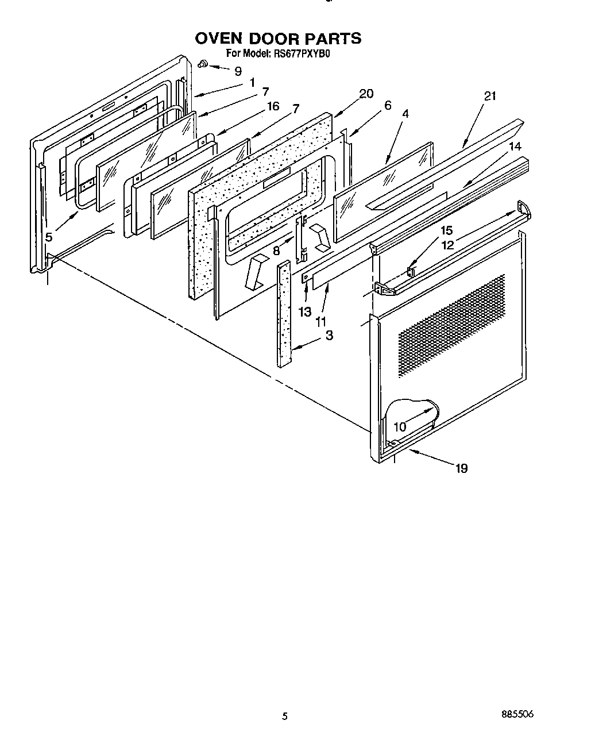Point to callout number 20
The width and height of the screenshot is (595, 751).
coord(366,94)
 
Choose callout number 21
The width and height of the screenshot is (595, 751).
coord(489,96)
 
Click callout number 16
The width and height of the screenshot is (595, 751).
coord(273,106)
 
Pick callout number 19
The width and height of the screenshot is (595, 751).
coord(461,468)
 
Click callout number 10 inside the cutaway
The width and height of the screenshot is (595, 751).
coord(400,427)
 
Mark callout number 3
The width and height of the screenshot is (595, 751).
coord(329,335)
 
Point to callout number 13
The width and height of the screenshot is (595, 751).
coord(304,311)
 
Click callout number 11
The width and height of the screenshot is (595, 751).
coord(321,323)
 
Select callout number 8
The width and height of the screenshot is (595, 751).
coord(276,251)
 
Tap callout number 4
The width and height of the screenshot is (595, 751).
coord(405,114)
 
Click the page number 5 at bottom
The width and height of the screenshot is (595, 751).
coord(285,716)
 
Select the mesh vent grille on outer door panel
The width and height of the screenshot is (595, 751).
coord(451,325)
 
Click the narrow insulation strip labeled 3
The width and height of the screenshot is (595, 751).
coord(285,313)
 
